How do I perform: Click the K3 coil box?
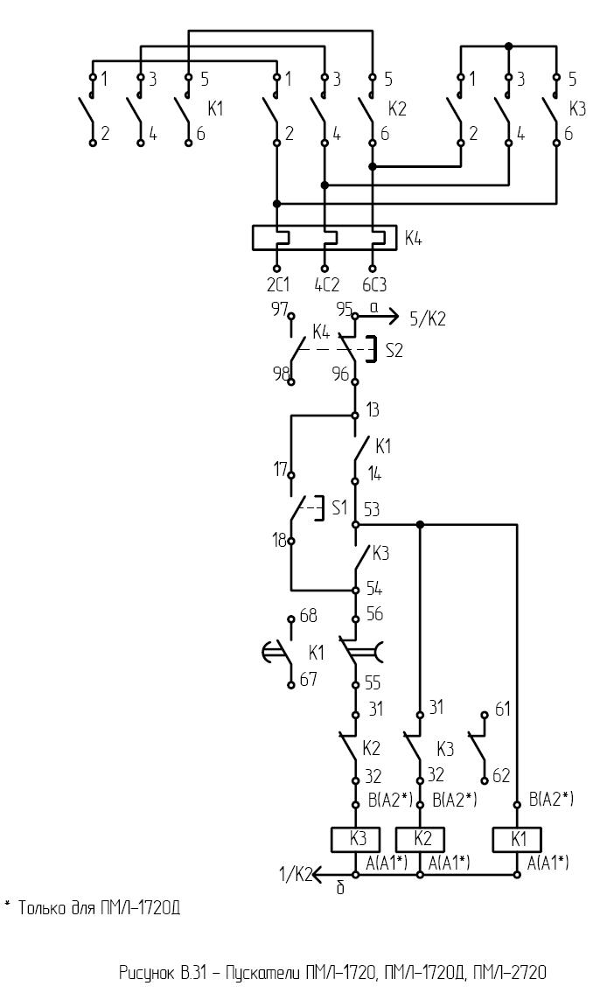tap(356, 839)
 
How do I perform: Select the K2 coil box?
tap(420, 839)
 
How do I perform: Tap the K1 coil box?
tap(517, 839)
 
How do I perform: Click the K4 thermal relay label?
tap(414, 239)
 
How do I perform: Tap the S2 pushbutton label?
tap(394, 350)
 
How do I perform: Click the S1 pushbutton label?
tap(340, 508)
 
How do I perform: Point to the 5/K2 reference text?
tap(427, 318)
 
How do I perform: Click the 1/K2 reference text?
tap(296, 875)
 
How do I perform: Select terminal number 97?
tap(280, 309)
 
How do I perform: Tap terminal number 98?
tap(281, 374)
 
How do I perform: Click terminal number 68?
tap(308, 616)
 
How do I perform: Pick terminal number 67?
tap(308, 680)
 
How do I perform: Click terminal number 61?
tap(502, 710)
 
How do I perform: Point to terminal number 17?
tap(281, 470)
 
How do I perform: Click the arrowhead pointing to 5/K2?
tap(393, 315)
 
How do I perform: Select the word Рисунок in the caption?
tap(147, 972)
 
